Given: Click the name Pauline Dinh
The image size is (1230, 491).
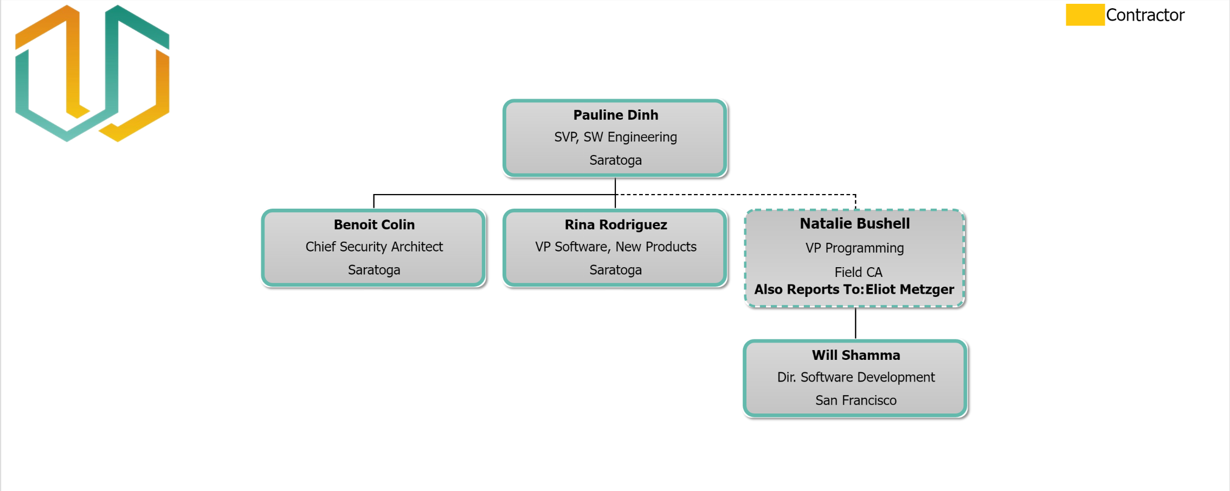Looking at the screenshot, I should click(x=615, y=115).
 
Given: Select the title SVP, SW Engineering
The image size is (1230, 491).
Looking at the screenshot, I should click(x=615, y=137).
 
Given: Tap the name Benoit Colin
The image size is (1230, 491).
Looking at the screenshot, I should click(x=374, y=224).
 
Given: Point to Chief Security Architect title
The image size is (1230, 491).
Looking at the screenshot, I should click(x=374, y=247).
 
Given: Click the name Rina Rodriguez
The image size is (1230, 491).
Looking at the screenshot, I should click(x=615, y=224).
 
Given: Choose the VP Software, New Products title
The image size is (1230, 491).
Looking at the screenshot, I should click(x=615, y=247).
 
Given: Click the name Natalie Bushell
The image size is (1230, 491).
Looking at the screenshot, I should click(x=855, y=223).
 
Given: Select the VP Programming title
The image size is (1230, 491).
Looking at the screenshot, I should click(x=855, y=248).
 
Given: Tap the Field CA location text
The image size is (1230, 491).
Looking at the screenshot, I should click(x=858, y=272).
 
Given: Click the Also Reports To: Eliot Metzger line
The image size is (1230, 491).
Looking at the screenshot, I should click(x=854, y=289).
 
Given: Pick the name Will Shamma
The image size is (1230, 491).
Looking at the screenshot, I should click(x=856, y=355).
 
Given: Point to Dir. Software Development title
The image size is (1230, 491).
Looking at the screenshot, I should click(x=856, y=377).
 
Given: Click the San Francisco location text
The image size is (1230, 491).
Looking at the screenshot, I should click(x=856, y=400).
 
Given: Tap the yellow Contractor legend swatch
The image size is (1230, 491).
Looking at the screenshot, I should click(x=1085, y=15).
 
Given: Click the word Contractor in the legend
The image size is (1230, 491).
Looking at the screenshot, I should click(x=1145, y=15).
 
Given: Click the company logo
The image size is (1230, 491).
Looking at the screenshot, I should click(x=92, y=73).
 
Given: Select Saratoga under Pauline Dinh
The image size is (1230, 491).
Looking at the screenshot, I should click(x=615, y=160).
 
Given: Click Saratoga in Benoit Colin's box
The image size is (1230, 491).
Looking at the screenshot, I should click(x=374, y=270).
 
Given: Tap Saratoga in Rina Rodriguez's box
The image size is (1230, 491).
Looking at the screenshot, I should click(x=615, y=270).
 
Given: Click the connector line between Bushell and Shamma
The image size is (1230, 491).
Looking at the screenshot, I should click(x=855, y=324).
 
